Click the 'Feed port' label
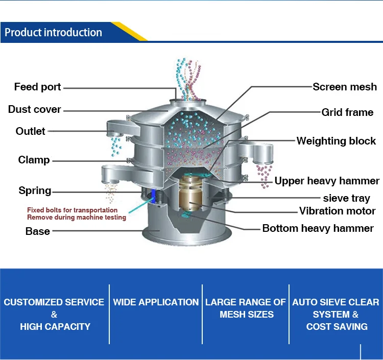point(37,87)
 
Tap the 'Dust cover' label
point(34,109)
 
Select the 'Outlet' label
point(30,131)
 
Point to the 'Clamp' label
point(34,160)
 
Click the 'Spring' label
point(35,190)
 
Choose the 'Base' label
point(38,231)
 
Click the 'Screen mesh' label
point(345,87)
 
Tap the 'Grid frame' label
point(347,112)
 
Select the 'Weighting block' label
point(336,141)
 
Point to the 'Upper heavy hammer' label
point(327,181)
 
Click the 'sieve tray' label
point(346,198)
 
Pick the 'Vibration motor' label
point(337,211)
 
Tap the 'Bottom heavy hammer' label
point(318,228)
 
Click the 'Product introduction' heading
point(53,33)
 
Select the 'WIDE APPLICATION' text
point(156,302)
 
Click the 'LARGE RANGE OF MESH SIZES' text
point(246,308)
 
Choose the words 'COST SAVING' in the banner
point(337,326)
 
